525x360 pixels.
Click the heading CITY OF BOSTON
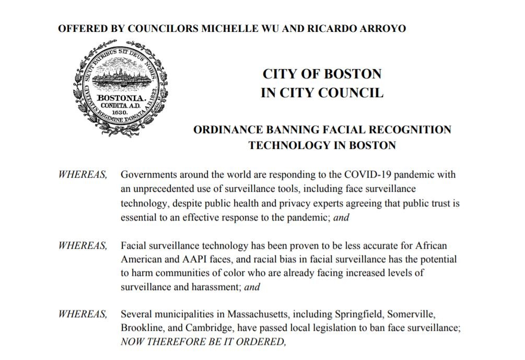click(x=322, y=74)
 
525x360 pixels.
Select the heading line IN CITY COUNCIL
click(x=322, y=94)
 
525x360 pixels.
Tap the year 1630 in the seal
click(x=118, y=112)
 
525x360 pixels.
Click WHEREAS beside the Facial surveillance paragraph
click(x=83, y=245)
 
